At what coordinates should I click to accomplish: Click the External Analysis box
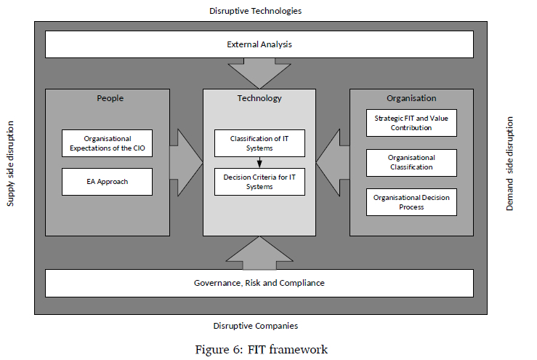(259, 44)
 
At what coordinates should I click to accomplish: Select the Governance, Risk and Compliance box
(259, 283)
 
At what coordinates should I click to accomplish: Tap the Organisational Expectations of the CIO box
(107, 143)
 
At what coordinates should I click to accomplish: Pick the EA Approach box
(107, 182)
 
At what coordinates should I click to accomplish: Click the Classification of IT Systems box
(259, 143)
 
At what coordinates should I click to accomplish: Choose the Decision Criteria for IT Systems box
(259, 182)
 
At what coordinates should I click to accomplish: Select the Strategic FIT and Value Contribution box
(411, 122)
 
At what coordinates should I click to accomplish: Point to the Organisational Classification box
(411, 163)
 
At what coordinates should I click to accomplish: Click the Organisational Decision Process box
(411, 202)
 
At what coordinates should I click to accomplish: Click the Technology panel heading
(259, 98)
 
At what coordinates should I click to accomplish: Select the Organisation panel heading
(411, 98)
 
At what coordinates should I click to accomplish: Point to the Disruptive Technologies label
(255, 11)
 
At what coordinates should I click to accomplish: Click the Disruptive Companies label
(256, 326)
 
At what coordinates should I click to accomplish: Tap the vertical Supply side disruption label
(10, 164)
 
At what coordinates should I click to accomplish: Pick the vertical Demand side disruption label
(510, 164)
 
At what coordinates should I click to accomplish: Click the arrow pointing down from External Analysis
(259, 71)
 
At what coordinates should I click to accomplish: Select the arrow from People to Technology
(186, 162)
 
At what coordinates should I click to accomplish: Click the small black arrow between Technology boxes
(259, 163)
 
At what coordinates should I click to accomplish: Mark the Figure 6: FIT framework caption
(262, 350)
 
